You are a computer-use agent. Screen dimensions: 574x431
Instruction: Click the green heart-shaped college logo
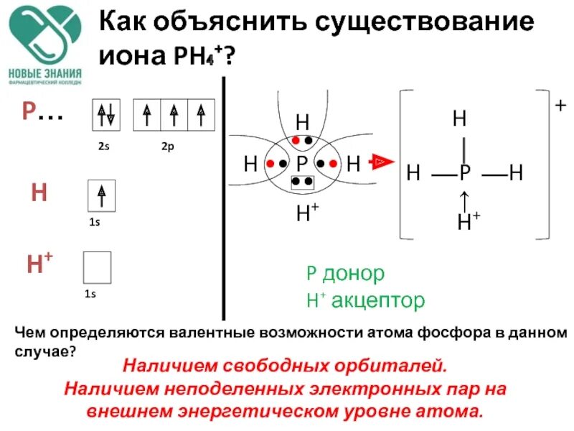(45, 36)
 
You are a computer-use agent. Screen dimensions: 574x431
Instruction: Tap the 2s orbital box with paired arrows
(106, 116)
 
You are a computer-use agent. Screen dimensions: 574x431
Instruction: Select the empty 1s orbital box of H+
(97, 267)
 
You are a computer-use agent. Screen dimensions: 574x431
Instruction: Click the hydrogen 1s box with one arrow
(101, 195)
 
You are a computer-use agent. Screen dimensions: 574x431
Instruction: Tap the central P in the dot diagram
(301, 163)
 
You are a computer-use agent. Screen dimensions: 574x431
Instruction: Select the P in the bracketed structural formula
(465, 173)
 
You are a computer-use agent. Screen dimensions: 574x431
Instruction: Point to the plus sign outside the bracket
(560, 106)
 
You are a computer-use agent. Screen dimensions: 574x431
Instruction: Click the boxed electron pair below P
(301, 182)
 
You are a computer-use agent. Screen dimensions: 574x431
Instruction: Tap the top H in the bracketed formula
(459, 119)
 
